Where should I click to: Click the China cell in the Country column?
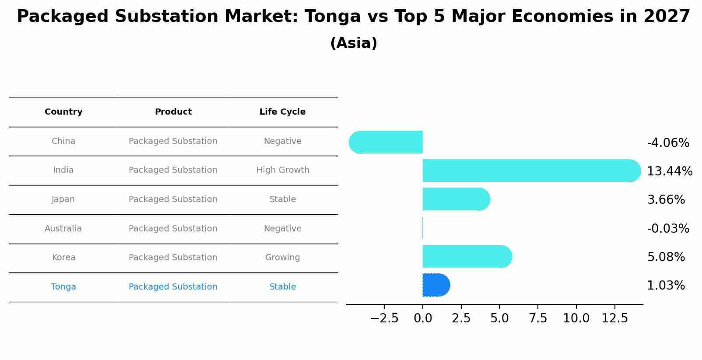(x=63, y=141)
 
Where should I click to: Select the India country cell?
(x=63, y=170)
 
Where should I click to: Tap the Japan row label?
(x=63, y=199)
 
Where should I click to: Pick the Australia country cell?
(x=63, y=229)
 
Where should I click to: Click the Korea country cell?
(x=64, y=258)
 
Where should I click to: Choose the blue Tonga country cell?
(x=63, y=287)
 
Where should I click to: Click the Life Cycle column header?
(x=282, y=112)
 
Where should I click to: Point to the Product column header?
(x=173, y=112)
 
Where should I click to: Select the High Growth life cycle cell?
(x=283, y=170)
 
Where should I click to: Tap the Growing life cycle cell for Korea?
(x=283, y=258)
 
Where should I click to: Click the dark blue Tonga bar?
(x=436, y=285)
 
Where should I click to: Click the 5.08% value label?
(x=666, y=257)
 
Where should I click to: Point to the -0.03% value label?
(x=668, y=229)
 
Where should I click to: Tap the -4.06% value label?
(x=668, y=143)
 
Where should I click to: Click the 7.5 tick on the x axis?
(x=538, y=318)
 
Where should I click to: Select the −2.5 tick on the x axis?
(x=384, y=318)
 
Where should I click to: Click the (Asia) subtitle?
(x=354, y=43)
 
